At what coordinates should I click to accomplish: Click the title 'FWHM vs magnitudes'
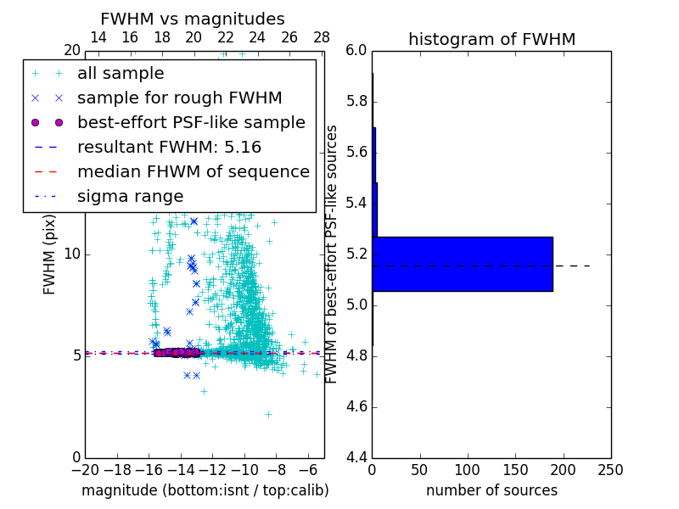coord(193,19)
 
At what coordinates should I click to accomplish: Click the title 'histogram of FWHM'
coord(491,39)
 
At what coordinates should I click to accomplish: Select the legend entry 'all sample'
coord(121,74)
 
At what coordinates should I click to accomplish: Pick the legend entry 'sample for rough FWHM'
coord(179,98)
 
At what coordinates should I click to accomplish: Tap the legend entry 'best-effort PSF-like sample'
coord(191,122)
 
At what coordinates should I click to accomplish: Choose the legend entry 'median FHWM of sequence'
coord(193,171)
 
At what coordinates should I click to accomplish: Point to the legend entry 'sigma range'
coord(130,196)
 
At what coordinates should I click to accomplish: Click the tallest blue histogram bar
coord(463,264)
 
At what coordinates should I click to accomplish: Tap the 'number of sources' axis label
coord(491,490)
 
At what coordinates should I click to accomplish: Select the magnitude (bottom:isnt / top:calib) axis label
coord(205,490)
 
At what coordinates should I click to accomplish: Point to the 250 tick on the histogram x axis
coord(611,469)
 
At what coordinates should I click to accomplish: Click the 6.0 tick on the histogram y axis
coord(357,51)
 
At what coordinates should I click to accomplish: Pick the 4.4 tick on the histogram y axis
coord(357,457)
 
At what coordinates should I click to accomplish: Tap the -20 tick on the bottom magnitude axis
coord(85,469)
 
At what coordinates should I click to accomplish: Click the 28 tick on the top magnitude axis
coord(322,37)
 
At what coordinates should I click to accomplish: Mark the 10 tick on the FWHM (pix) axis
coord(72,255)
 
